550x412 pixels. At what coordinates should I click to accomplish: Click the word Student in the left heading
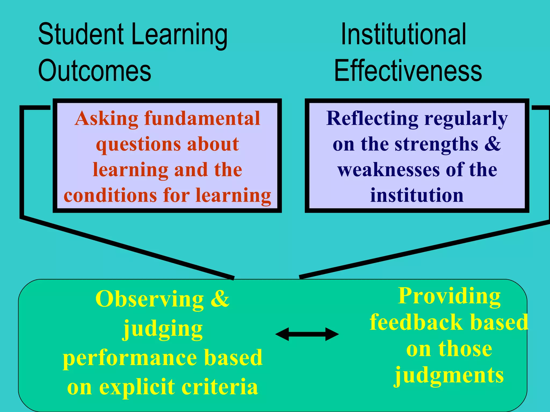[81, 34]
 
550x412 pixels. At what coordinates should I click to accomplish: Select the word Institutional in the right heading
[403, 34]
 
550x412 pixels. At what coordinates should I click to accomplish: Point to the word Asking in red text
[106, 119]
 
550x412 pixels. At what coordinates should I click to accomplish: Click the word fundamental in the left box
[202, 118]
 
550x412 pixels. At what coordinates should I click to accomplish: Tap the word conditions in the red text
[110, 195]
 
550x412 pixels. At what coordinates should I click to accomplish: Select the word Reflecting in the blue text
[372, 118]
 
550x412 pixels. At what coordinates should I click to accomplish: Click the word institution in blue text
[417, 195]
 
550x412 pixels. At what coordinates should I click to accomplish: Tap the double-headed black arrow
[307, 334]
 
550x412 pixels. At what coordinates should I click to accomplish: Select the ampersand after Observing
[220, 299]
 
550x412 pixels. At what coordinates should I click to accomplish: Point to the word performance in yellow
[130, 358]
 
